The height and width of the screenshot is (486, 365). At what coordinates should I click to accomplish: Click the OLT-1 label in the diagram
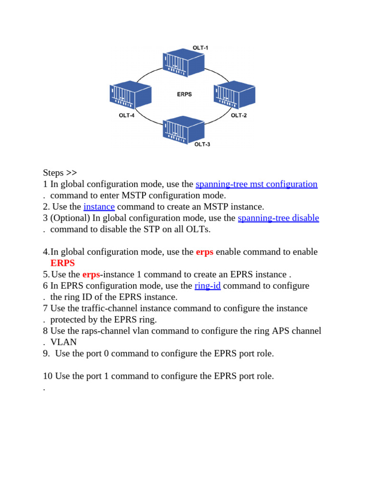[200, 48]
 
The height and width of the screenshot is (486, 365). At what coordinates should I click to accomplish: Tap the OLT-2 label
[239, 115]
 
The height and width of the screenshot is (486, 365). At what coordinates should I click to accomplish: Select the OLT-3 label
[202, 144]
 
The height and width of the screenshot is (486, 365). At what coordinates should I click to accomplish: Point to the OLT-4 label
[127, 115]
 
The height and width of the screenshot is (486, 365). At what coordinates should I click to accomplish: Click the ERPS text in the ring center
[184, 94]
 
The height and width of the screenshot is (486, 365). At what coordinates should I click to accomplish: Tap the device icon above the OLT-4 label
[130, 94]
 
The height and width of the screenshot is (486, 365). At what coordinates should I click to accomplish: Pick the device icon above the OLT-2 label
[235, 95]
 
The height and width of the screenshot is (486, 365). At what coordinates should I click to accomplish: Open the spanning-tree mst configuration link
[256, 184]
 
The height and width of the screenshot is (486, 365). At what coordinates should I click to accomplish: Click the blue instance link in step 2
[99, 206]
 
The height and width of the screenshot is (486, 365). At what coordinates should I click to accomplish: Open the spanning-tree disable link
[278, 218]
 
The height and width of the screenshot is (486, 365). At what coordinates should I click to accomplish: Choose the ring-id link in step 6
[207, 286]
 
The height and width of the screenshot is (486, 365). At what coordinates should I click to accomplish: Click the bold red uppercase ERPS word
[62, 263]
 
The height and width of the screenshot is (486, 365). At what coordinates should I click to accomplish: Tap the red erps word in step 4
[204, 252]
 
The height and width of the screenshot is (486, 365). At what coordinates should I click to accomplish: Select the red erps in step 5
[91, 274]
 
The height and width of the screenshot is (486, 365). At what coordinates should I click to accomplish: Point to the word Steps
[53, 173]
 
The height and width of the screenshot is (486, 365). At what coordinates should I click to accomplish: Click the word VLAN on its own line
[63, 342]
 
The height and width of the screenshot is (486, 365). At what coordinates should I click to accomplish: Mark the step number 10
[48, 376]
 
